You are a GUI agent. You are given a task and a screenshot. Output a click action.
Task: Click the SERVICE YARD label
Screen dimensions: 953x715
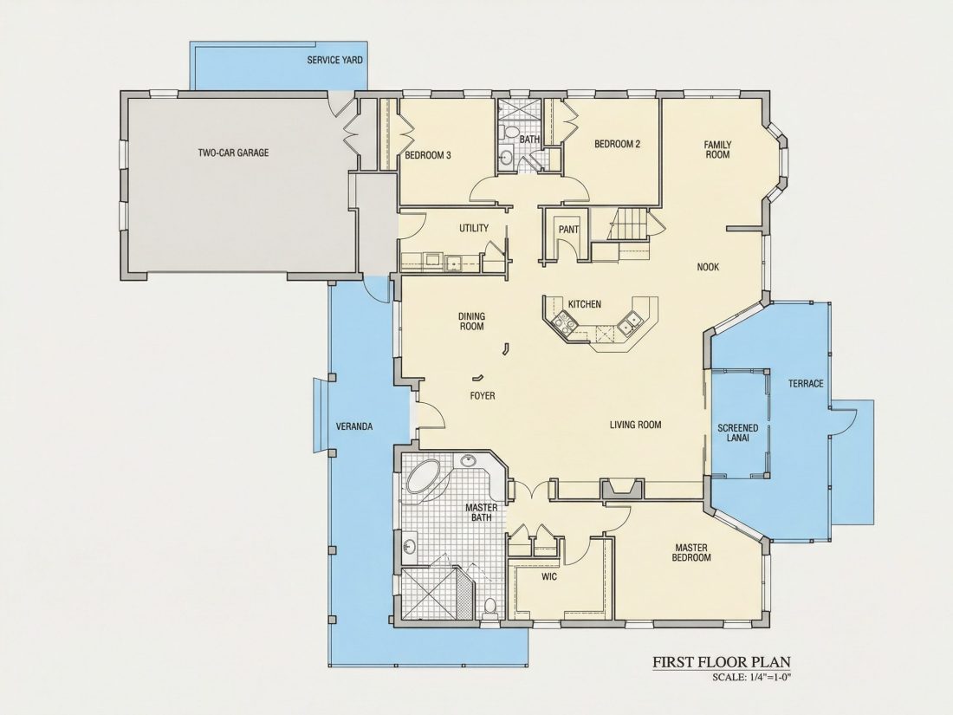coord(335,60)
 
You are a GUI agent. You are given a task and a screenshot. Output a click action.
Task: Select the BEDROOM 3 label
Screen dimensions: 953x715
coord(428,155)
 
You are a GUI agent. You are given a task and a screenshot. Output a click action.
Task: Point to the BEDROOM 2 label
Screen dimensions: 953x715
coord(617,144)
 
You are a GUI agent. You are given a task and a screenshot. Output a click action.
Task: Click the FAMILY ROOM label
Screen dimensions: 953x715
coord(717,150)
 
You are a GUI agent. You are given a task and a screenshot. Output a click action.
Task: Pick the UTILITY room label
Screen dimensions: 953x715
coord(473,228)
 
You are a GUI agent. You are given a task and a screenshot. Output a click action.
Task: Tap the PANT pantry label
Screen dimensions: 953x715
coord(569,230)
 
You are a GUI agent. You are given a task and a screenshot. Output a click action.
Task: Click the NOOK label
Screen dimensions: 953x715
coord(708,266)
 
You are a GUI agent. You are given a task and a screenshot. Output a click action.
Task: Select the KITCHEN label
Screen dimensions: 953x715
coord(585,304)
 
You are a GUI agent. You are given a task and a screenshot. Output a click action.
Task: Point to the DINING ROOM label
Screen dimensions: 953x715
coord(471,321)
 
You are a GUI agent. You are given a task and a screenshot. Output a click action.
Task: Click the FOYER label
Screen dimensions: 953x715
coord(483,396)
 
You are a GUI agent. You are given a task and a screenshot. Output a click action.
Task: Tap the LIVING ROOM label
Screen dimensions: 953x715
coord(635,425)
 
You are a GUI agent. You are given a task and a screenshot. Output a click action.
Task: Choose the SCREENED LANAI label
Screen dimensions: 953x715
coord(738,432)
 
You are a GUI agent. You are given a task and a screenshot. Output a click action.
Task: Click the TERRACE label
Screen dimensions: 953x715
coord(806,383)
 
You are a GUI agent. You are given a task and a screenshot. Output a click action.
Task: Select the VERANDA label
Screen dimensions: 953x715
coord(354,426)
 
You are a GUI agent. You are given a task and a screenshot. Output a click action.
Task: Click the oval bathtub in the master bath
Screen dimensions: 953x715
coord(425,476)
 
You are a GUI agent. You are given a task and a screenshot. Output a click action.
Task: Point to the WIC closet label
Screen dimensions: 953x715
coord(548,575)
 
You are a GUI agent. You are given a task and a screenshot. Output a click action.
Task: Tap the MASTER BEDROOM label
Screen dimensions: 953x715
coord(691,552)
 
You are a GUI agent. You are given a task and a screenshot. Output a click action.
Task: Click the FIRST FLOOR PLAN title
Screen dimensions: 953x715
coord(722,661)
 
